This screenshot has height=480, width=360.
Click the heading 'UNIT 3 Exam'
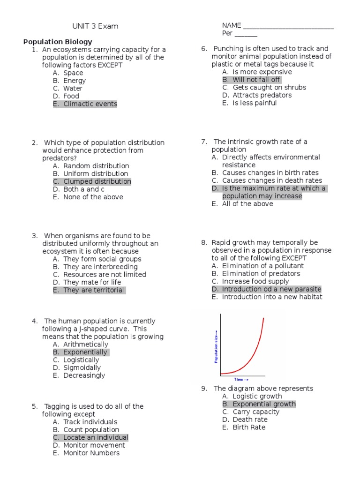[x=95, y=26]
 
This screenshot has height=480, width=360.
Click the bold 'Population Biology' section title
[x=58, y=42]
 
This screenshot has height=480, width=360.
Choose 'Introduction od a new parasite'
[x=271, y=289]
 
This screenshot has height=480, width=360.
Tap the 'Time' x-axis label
[x=241, y=380]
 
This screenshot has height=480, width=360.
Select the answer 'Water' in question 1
[x=73, y=89]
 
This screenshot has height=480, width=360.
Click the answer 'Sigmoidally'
[x=82, y=367]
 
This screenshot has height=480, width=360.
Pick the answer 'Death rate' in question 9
[x=250, y=420]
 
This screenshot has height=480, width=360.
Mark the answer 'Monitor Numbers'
[x=91, y=453]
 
